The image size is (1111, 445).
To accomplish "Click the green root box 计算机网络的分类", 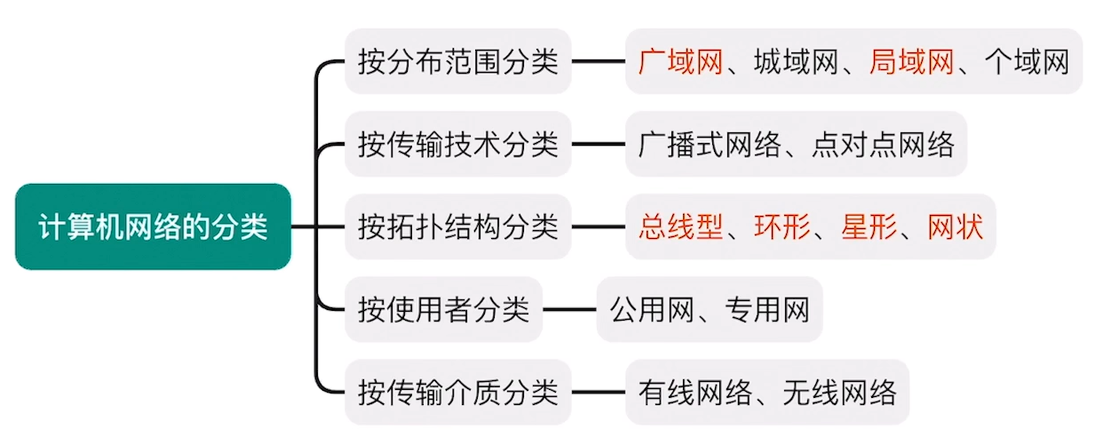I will [x=153, y=226].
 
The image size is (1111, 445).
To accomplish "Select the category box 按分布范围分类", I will [x=457, y=61].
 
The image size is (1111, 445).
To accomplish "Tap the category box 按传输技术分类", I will [x=457, y=144].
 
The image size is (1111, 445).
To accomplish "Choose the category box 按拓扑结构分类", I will [x=457, y=226].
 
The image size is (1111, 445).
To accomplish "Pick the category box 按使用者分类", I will [x=443, y=309].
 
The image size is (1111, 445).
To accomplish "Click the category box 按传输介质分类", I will [x=457, y=392].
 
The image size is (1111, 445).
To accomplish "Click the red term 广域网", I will [x=680, y=61].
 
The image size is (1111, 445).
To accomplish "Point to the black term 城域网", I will [x=796, y=61].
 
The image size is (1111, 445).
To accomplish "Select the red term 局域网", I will [x=911, y=61].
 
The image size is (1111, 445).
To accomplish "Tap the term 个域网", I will [x=1027, y=61].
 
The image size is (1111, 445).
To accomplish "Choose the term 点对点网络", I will [x=883, y=144].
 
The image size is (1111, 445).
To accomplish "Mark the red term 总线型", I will [x=680, y=226].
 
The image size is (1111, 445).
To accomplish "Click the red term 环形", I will [x=782, y=226].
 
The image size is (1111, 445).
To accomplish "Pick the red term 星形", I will [x=869, y=226].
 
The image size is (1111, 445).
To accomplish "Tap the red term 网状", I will [x=956, y=226].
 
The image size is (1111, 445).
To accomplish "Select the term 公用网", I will [x=652, y=309].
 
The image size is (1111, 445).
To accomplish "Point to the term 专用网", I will [x=767, y=309].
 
